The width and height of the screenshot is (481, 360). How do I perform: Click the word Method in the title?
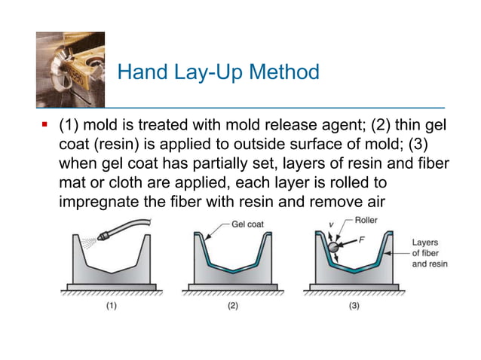point(280,72)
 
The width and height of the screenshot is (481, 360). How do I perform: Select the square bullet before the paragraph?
point(44,123)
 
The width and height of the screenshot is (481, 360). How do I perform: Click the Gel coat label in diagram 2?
point(245,224)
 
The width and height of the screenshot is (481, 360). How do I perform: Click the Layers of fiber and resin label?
point(429,254)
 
